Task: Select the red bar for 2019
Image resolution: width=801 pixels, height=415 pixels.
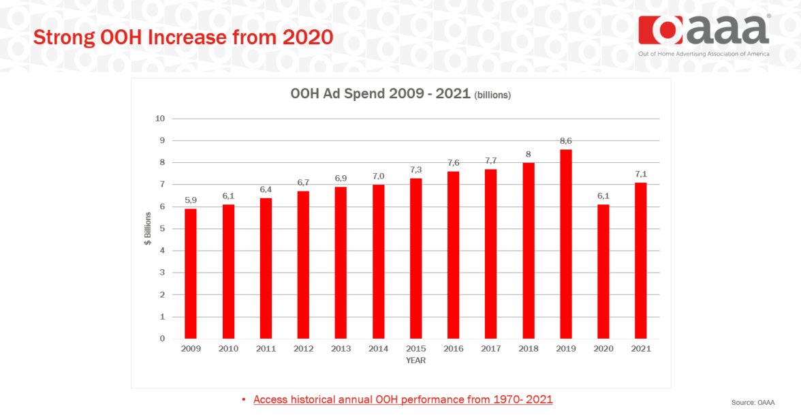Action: point(565,244)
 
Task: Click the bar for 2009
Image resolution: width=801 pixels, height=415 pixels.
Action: point(191,273)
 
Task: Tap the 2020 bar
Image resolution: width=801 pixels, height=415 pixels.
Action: point(603,271)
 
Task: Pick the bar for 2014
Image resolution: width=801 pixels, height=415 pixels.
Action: point(378,261)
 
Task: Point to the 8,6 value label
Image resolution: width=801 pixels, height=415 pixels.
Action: point(565,140)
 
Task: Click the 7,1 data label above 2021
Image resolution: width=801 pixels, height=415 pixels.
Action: point(640,174)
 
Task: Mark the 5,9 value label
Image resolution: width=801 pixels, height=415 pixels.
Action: point(191,200)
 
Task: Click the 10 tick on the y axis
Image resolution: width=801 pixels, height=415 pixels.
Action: point(160,119)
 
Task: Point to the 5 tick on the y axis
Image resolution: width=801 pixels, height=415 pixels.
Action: point(162,228)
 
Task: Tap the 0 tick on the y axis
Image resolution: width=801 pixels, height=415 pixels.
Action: point(162,338)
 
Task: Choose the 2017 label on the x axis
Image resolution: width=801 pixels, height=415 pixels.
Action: point(490,349)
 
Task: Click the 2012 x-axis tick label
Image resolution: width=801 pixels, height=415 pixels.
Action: point(303,349)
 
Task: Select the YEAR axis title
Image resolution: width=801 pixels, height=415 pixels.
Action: point(415,360)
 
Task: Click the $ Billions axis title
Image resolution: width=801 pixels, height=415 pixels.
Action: point(148,228)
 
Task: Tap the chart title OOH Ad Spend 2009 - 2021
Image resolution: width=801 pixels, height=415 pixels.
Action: point(380,94)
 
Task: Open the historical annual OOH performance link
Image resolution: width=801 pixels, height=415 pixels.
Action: point(403,399)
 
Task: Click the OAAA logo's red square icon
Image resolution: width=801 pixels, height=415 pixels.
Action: point(661,30)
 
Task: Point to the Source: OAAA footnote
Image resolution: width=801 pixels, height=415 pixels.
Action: point(753,403)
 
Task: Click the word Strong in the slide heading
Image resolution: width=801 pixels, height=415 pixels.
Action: point(61,37)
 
